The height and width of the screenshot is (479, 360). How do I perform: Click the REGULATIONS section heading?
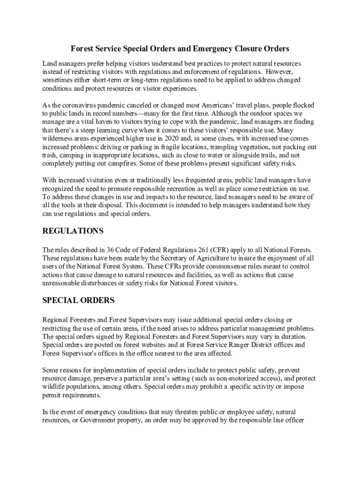tap(72, 231)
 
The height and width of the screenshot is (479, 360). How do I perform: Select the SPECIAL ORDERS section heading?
tap(78, 300)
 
